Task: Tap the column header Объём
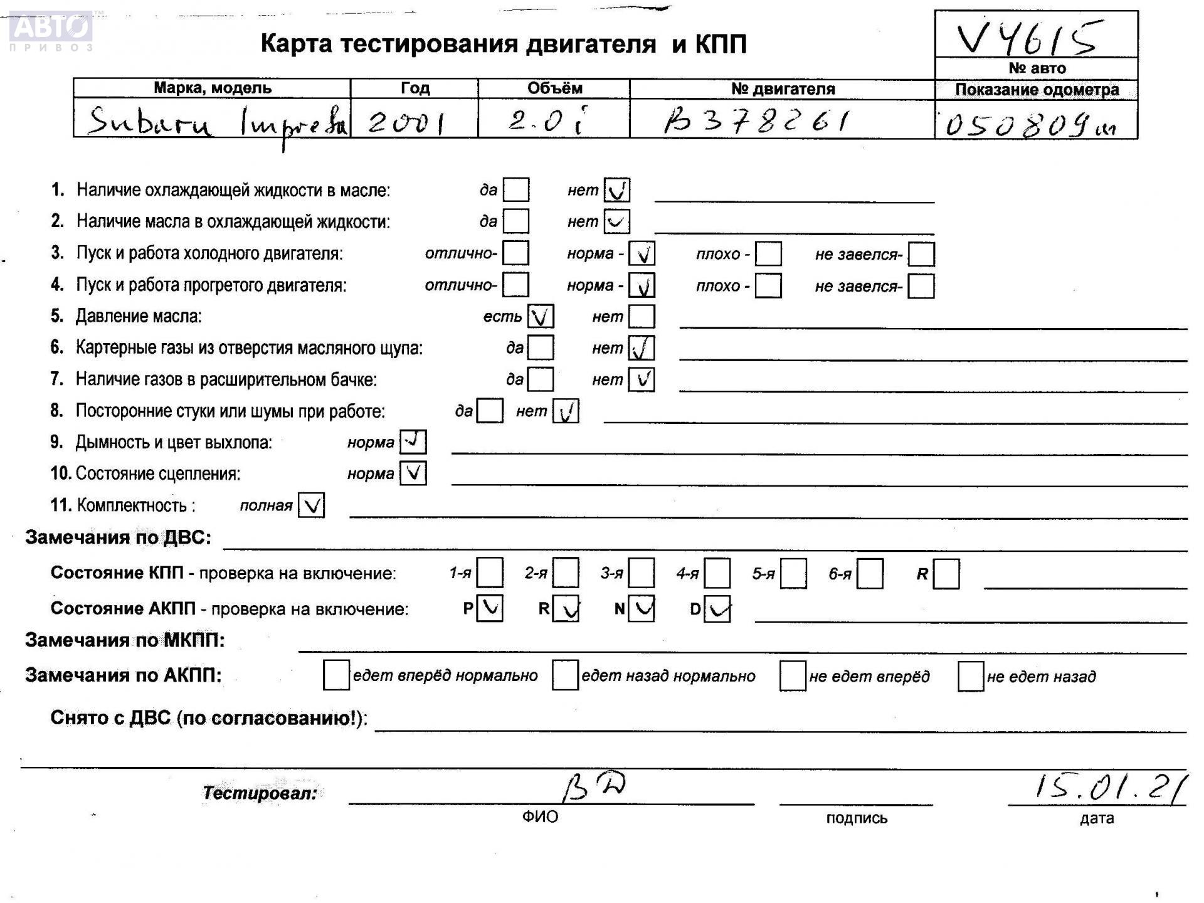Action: tap(554, 88)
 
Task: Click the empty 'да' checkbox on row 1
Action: tap(516, 189)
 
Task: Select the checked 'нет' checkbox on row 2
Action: tap(616, 221)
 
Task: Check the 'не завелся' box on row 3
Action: tap(921, 254)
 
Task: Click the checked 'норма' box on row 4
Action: tap(642, 285)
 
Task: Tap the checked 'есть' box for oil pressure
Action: tap(541, 317)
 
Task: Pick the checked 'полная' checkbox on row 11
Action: tap(311, 505)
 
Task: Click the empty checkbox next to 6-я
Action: tap(870, 574)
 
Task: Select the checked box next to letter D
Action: tap(717, 609)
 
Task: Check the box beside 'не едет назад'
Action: tap(970, 676)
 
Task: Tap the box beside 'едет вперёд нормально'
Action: tap(336, 675)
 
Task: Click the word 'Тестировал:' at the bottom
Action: tap(260, 793)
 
